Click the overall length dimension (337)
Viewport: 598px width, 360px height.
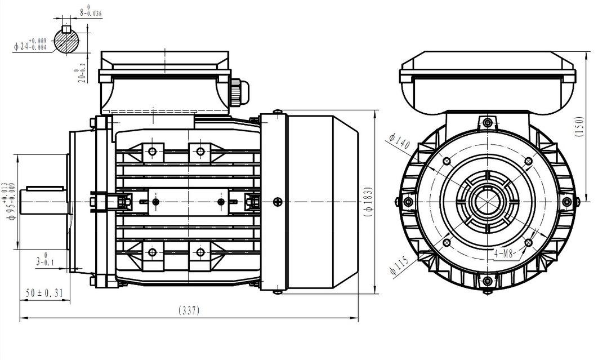pyautogui.click(x=189, y=310)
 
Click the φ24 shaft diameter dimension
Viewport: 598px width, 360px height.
pyautogui.click(x=31, y=44)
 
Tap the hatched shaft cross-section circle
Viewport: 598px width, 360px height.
pyautogui.click(x=68, y=40)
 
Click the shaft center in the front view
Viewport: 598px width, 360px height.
pyautogui.click(x=488, y=202)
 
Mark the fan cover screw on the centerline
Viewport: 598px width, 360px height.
pyautogui.click(x=276, y=202)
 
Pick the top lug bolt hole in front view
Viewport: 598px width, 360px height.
pyautogui.click(x=488, y=122)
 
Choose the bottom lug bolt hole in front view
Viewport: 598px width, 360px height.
pyautogui.click(x=488, y=281)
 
